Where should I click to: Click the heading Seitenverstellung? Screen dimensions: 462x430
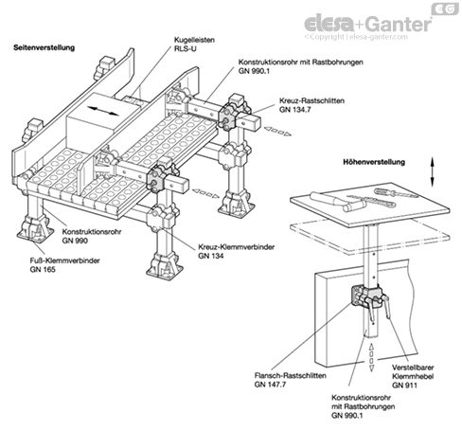[44, 47]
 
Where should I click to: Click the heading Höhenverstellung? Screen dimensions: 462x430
[374, 162]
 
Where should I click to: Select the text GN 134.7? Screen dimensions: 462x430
[294, 110]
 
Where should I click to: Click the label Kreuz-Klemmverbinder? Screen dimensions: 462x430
[237, 247]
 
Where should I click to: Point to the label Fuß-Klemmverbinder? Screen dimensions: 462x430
[65, 260]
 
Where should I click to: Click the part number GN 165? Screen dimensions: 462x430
[43, 269]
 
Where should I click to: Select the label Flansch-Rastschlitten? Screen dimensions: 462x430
[291, 376]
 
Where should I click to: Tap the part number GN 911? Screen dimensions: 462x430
[404, 385]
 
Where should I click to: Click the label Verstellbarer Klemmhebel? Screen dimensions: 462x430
[413, 372]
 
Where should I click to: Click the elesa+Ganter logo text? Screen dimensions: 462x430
[367, 24]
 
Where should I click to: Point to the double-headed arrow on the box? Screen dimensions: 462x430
[103, 112]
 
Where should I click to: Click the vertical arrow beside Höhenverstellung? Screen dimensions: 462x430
[433, 172]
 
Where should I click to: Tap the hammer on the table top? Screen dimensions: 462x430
[338, 201]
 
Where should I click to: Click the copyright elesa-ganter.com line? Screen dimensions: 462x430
[356, 37]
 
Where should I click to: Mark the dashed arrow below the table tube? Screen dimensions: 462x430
[371, 357]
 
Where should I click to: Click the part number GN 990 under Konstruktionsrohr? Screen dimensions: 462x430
[75, 241]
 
